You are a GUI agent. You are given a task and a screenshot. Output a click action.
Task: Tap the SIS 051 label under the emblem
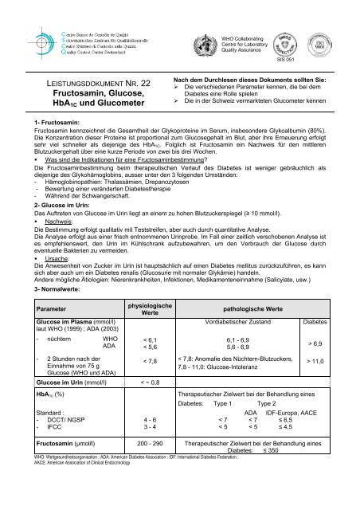click(286, 59)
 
